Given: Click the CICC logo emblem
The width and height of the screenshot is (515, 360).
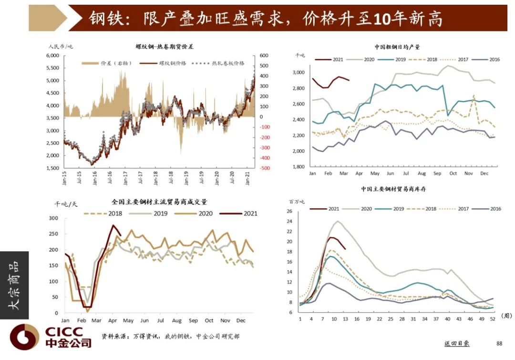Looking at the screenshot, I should click(x=24, y=337).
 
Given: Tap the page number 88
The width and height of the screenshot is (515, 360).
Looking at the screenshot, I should click(x=499, y=343).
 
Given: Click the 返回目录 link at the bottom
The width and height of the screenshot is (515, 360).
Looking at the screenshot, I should click(x=457, y=343).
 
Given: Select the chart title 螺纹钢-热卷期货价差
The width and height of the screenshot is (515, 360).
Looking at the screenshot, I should click(x=165, y=47).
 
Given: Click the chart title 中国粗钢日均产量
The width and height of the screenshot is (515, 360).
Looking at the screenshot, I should click(x=397, y=47).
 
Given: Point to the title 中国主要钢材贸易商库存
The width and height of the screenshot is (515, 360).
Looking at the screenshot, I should click(x=393, y=189).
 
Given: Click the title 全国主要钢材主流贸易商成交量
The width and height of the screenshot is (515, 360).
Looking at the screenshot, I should click(x=159, y=202).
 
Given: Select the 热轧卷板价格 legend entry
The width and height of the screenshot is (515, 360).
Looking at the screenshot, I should click(x=227, y=63).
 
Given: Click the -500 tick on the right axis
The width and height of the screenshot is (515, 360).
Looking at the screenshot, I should click(x=265, y=168).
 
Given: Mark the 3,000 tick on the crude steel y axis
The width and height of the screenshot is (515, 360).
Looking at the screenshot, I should click(x=298, y=72).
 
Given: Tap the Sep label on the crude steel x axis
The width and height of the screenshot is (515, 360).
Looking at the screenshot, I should click(x=437, y=174).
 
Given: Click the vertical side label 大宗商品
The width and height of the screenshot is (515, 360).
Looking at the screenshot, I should click(x=14, y=285).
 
